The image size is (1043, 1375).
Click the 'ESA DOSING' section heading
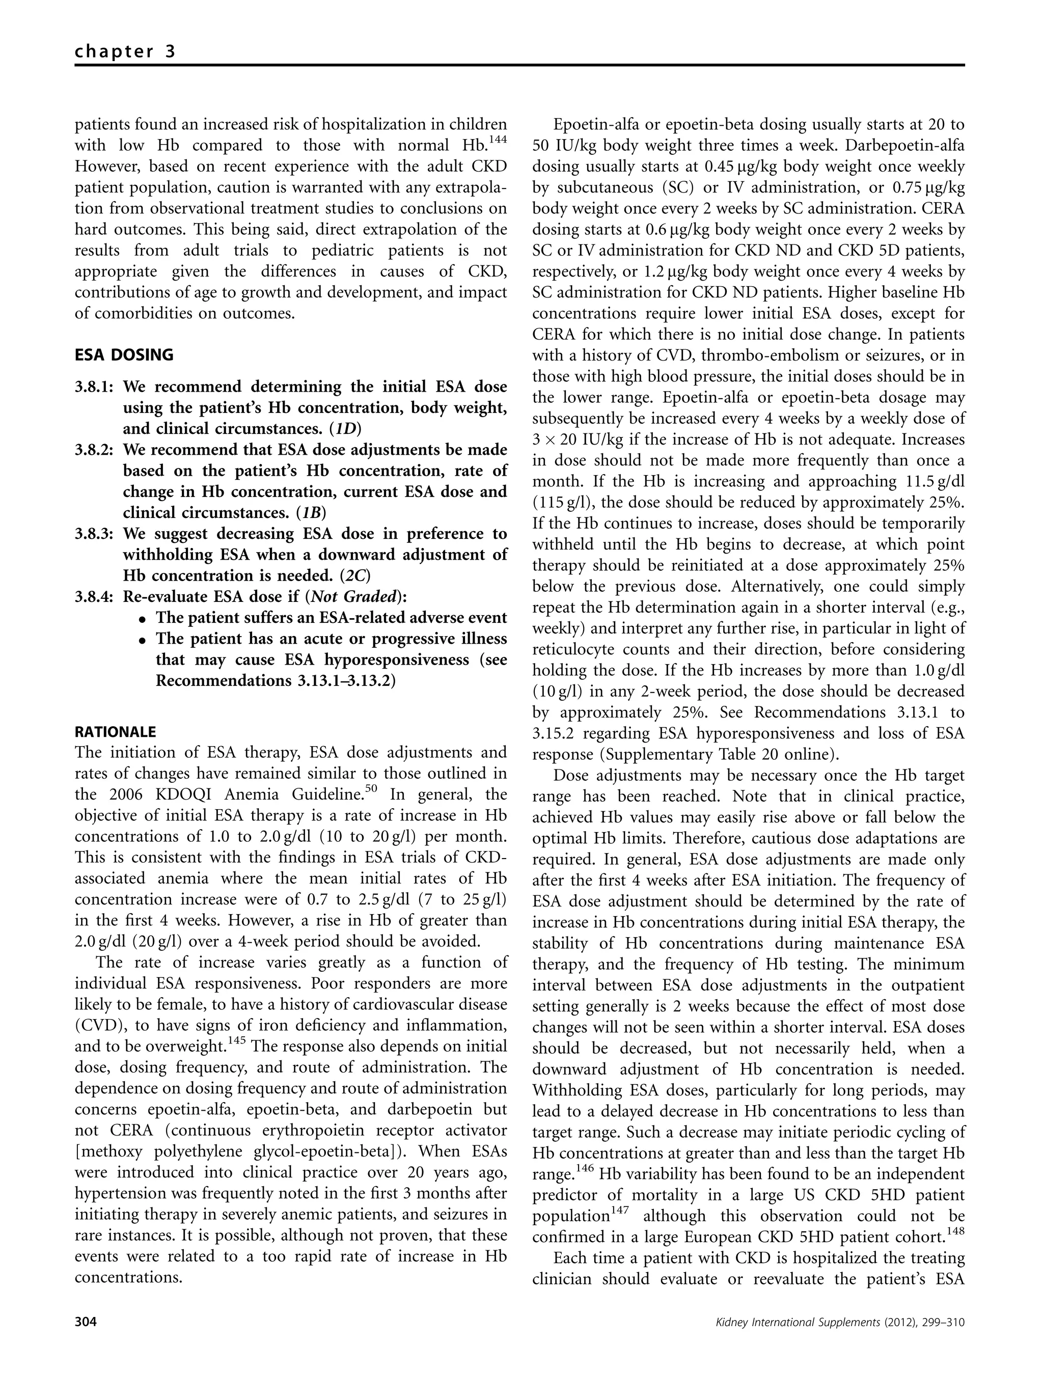point(124,355)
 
